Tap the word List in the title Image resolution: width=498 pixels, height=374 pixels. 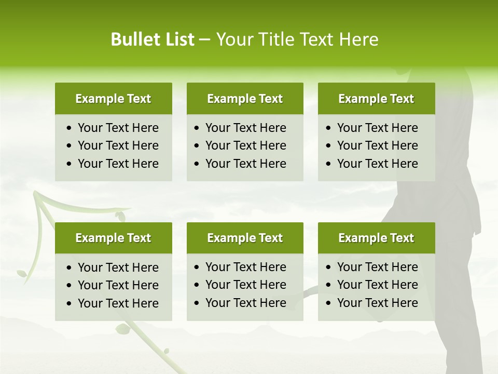tap(178, 39)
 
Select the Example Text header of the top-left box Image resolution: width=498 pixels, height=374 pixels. tap(113, 99)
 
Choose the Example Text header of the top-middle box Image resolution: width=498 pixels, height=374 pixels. tap(245, 99)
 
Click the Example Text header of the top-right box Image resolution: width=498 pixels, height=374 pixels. tap(376, 99)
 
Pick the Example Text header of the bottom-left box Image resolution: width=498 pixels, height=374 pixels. tap(113, 238)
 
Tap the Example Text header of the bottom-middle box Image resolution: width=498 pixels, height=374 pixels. tap(245, 238)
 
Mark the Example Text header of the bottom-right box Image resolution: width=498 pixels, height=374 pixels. tap(376, 238)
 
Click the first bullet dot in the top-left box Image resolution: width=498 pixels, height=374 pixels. tap(70, 128)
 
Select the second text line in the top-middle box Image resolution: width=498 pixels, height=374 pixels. tap(245, 145)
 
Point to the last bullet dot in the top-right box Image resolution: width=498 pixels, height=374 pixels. tap(329, 164)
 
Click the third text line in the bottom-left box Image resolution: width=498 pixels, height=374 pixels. tap(118, 303)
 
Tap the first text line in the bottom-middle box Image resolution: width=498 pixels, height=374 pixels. tap(245, 267)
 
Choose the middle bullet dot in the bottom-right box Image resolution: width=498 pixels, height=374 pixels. tap(329, 285)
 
